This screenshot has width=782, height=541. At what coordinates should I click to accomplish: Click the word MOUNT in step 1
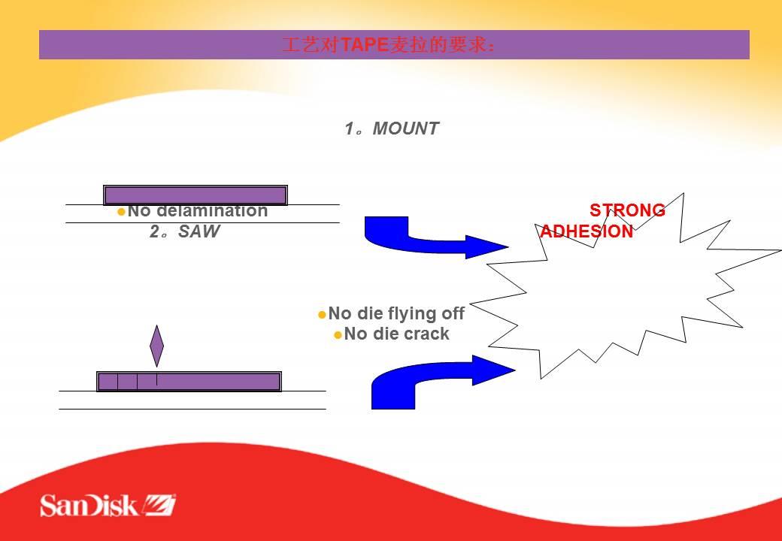click(x=405, y=129)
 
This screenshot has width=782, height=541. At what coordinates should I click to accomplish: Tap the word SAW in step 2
click(x=199, y=231)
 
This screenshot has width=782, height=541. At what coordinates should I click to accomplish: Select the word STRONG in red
click(x=627, y=210)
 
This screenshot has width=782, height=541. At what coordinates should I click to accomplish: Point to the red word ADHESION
click(x=587, y=231)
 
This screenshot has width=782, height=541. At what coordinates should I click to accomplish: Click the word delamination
click(x=213, y=210)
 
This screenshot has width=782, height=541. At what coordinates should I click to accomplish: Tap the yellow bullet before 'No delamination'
click(x=121, y=212)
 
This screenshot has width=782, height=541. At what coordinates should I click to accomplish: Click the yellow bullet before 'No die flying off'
click(x=322, y=315)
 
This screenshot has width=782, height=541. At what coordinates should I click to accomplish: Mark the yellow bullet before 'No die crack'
click(x=338, y=335)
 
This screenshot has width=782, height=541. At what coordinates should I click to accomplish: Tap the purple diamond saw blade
click(x=156, y=346)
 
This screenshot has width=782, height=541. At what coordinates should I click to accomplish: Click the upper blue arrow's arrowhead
click(x=486, y=246)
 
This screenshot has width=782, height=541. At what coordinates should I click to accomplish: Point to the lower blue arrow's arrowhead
click(x=493, y=370)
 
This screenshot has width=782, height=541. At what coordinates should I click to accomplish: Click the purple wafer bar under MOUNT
click(x=195, y=195)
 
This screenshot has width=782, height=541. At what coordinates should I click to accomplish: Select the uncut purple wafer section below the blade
click(x=219, y=382)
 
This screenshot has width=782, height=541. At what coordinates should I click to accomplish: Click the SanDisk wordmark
click(x=89, y=505)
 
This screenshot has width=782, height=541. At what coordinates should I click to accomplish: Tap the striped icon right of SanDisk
click(x=159, y=505)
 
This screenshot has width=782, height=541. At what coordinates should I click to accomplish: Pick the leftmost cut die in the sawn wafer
click(x=108, y=382)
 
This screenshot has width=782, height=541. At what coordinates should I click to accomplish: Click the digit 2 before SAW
click(x=154, y=231)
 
